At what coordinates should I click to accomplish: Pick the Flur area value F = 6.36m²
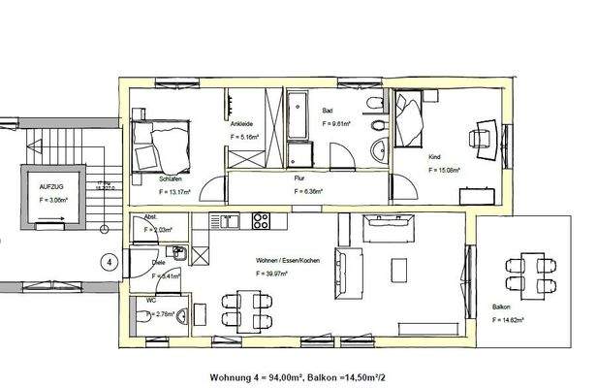coord(308,192)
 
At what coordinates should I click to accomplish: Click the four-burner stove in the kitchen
coord(261,219)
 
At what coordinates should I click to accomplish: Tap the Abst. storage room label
coord(150,216)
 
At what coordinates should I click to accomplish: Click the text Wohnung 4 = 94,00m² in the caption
coord(253,376)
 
